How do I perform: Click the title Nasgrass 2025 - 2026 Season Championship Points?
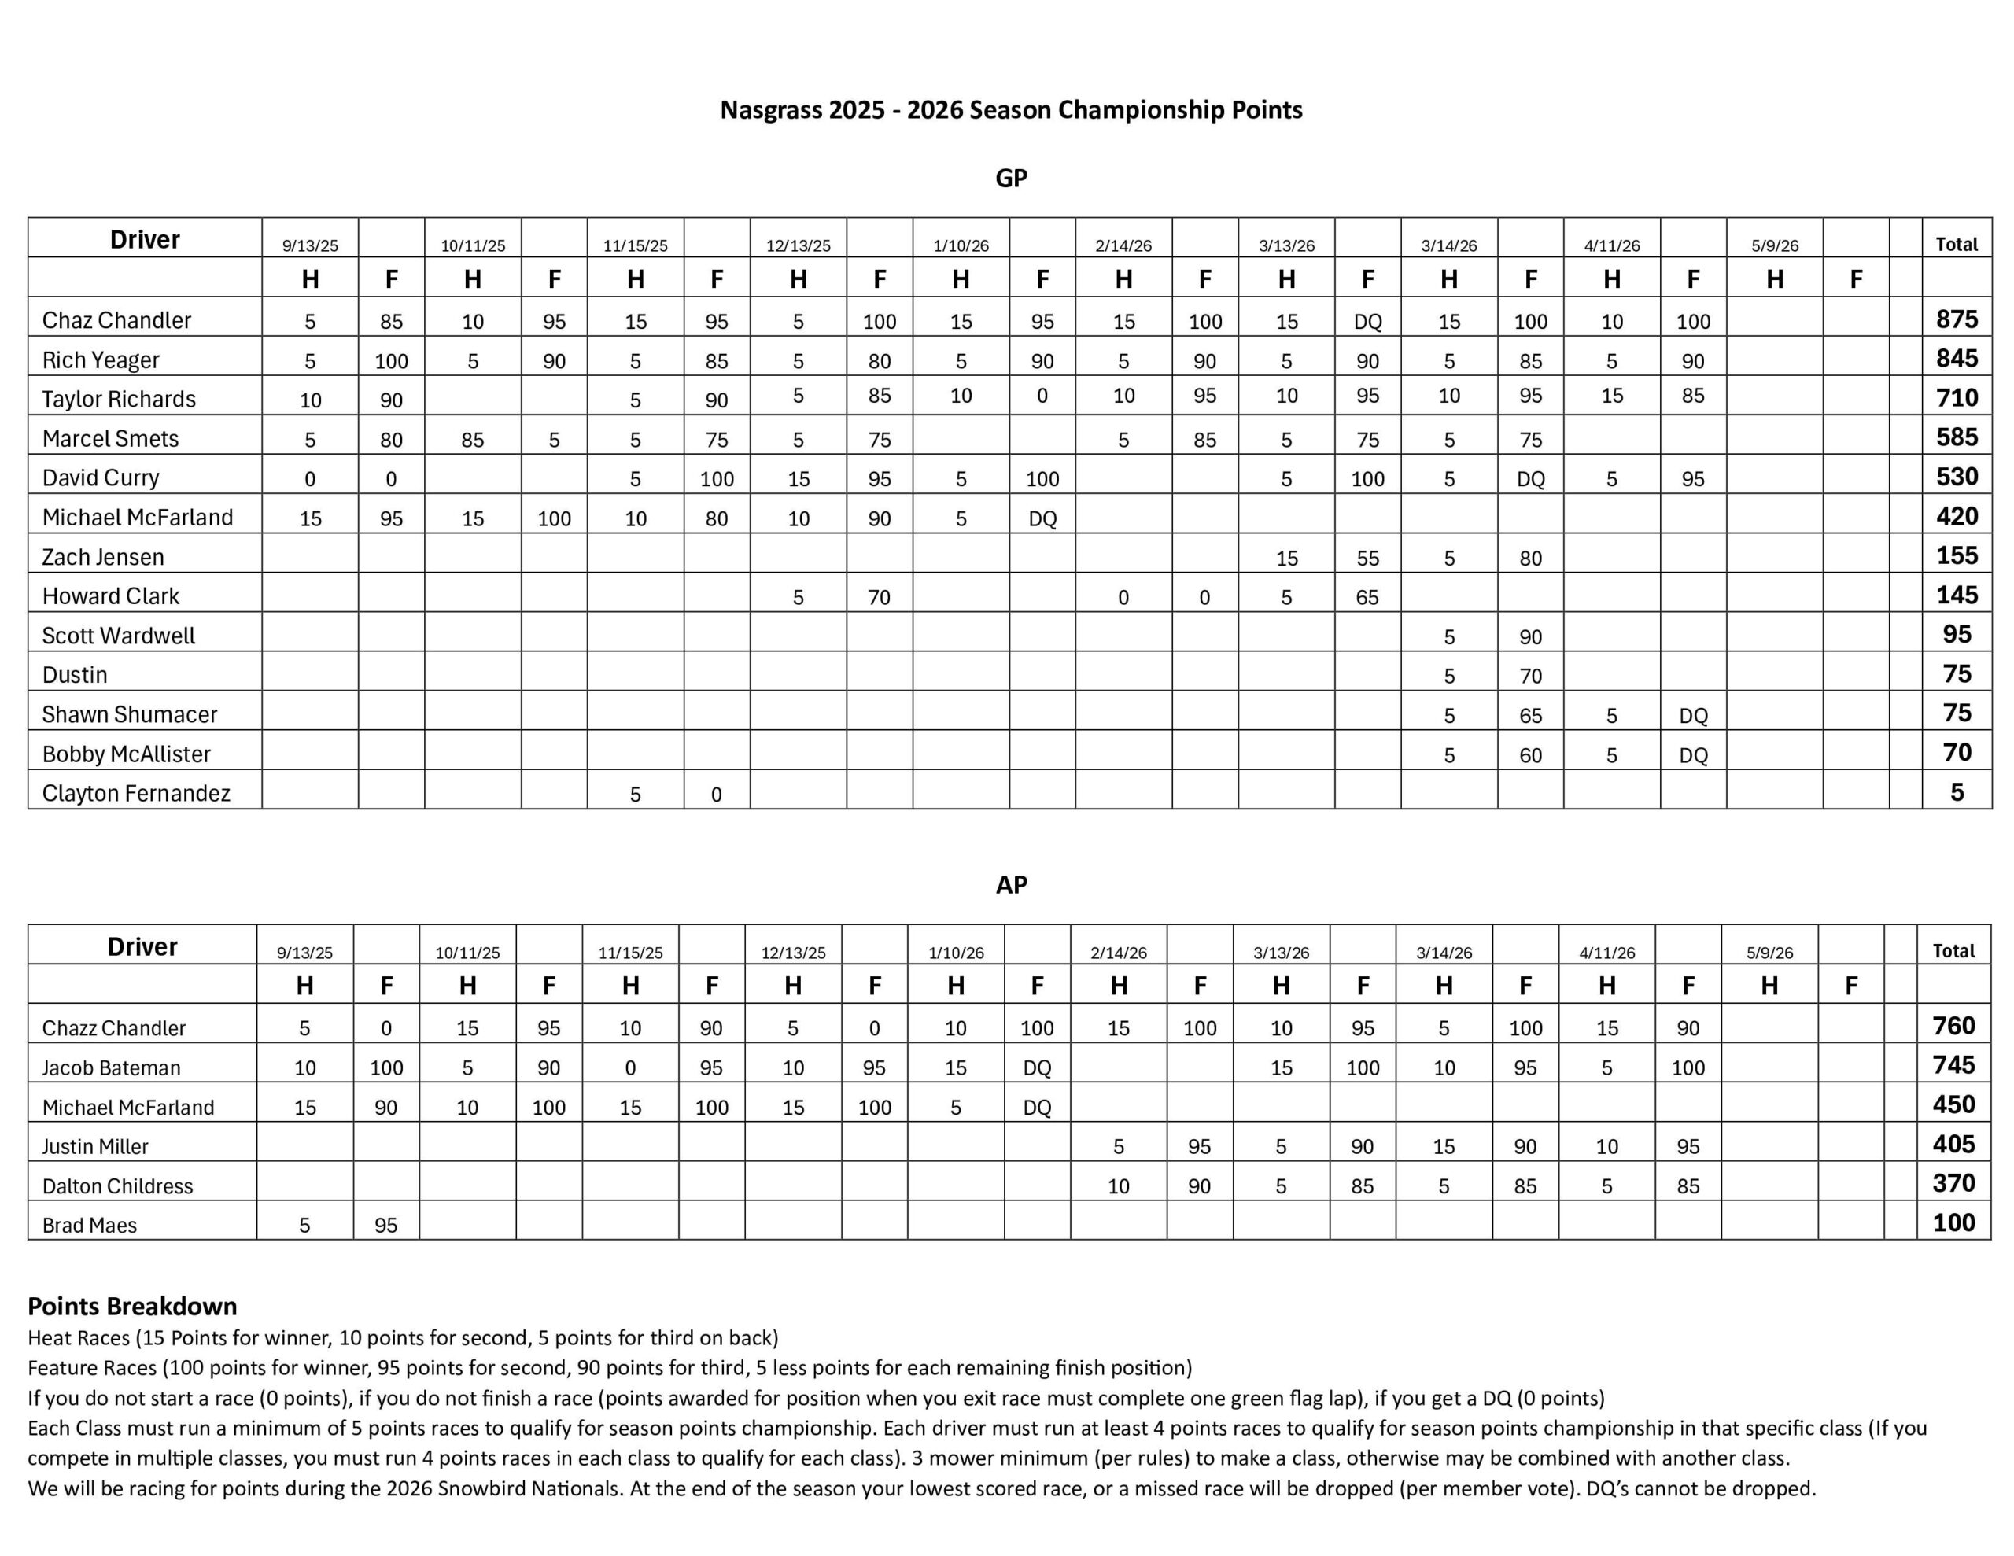pyautogui.click(x=1011, y=110)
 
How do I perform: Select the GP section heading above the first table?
pyautogui.click(x=1011, y=178)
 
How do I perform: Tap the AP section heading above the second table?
pyautogui.click(x=1011, y=884)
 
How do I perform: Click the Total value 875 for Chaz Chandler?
pyautogui.click(x=1956, y=319)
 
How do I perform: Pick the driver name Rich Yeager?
pyautogui.click(x=101, y=360)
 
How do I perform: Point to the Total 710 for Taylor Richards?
pyautogui.click(x=1956, y=397)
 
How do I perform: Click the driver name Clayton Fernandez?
pyautogui.click(x=135, y=793)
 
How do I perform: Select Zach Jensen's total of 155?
pyautogui.click(x=1956, y=555)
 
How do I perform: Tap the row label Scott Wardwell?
pyautogui.click(x=118, y=636)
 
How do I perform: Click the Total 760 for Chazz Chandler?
pyautogui.click(x=1953, y=1026)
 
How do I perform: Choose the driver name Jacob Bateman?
pyautogui.click(x=111, y=1068)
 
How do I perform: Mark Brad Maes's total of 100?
pyautogui.click(x=1953, y=1223)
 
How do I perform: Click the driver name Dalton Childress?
pyautogui.click(x=117, y=1186)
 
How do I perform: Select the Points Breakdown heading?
pyautogui.click(x=132, y=1306)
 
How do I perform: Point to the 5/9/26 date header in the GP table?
pyautogui.click(x=1774, y=246)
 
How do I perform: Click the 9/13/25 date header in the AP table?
pyautogui.click(x=304, y=953)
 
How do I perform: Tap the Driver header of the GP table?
pyautogui.click(x=145, y=240)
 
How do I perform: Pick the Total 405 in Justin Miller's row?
pyautogui.click(x=1953, y=1145)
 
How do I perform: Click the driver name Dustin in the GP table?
pyautogui.click(x=75, y=675)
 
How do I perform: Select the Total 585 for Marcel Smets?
pyautogui.click(x=1956, y=437)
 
